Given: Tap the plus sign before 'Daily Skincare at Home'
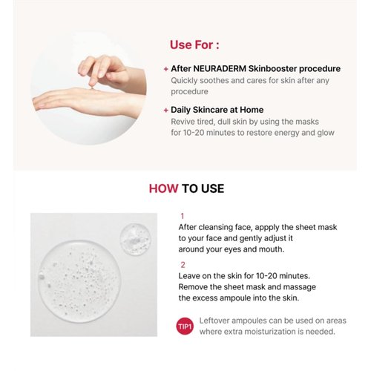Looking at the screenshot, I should pyautogui.click(x=165, y=110).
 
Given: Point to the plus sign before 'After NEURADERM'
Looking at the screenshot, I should pyautogui.click(x=165, y=68).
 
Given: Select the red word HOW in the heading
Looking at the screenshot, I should pyautogui.click(x=163, y=188).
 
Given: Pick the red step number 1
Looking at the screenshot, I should pyautogui.click(x=183, y=216).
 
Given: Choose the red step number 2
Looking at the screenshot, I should pyautogui.click(x=183, y=263).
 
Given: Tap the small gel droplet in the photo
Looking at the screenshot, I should pyautogui.click(x=136, y=239).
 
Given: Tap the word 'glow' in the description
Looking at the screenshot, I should pyautogui.click(x=324, y=134).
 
